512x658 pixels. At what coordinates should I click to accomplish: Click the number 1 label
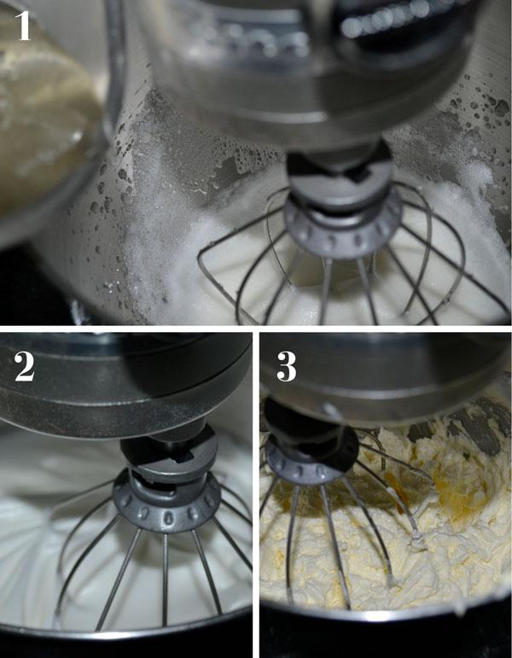point(24,25)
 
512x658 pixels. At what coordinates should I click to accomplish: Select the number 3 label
point(287,365)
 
